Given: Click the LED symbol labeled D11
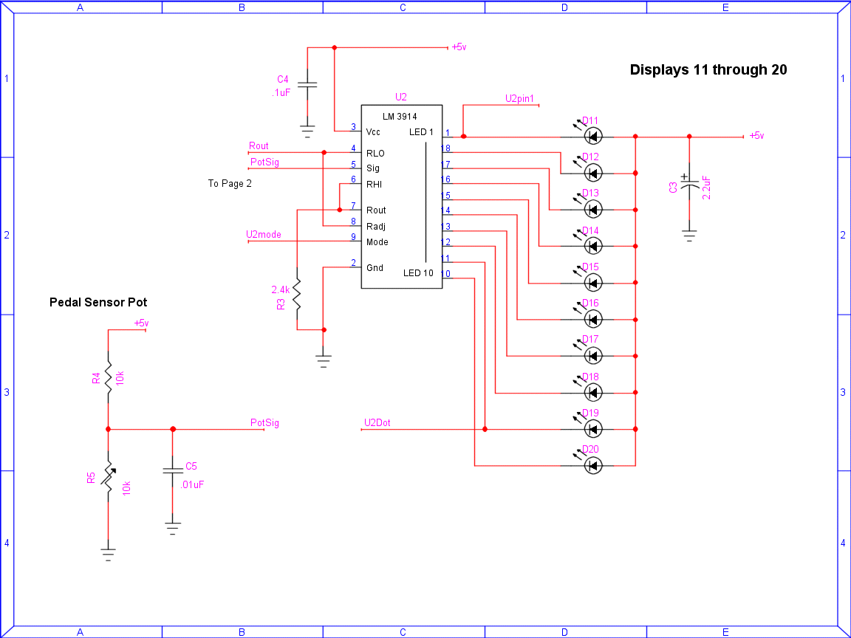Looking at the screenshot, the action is (x=592, y=136).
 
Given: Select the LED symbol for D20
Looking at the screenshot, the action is (x=592, y=465).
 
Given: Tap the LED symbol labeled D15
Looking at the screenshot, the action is (x=592, y=283).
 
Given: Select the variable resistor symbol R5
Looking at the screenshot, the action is (x=109, y=477).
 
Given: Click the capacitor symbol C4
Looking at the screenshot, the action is (x=307, y=85).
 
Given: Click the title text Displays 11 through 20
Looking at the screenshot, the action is (x=708, y=69).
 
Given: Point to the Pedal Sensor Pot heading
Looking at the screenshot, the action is (x=98, y=302).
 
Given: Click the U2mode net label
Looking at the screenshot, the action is (x=264, y=234).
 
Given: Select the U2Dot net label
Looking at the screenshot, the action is (x=377, y=422).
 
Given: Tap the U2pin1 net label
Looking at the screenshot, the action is (x=519, y=99).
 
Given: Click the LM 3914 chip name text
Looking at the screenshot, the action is (x=400, y=117).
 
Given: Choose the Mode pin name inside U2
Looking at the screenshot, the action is (x=377, y=242).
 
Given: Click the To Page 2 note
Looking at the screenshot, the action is (x=230, y=183).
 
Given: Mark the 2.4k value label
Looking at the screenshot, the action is (x=281, y=289).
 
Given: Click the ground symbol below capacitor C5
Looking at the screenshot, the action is (x=173, y=529).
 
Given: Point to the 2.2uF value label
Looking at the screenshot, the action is (x=707, y=187).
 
